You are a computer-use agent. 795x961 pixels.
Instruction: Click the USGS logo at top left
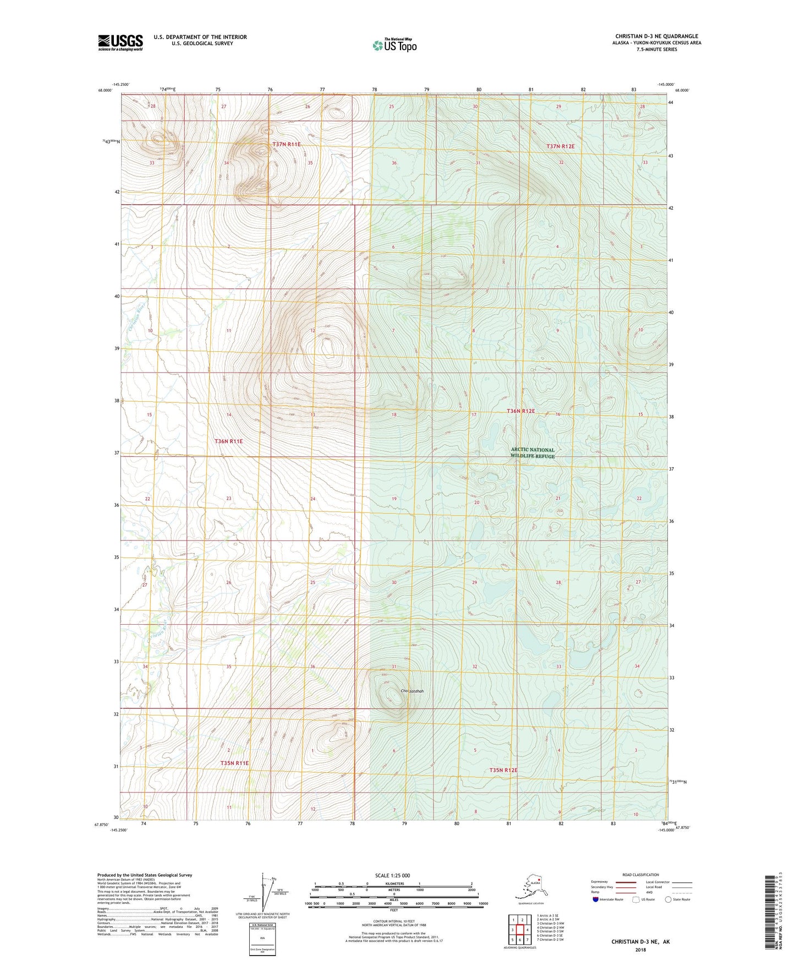tap(120, 42)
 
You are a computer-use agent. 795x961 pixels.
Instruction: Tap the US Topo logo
tap(394, 45)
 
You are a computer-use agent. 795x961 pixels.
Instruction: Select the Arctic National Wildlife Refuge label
tap(533, 453)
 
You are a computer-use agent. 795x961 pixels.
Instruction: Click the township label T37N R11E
tap(287, 144)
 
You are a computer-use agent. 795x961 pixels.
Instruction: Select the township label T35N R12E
tap(503, 770)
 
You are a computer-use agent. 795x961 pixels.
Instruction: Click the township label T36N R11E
tap(228, 441)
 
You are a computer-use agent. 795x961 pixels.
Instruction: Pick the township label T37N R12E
tap(560, 146)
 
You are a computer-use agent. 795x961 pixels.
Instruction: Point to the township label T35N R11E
tap(234, 763)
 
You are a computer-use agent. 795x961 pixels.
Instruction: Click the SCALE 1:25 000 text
tap(393, 875)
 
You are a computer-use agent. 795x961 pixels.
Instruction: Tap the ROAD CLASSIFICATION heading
tap(640, 875)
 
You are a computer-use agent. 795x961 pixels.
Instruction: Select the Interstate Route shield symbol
tap(596, 899)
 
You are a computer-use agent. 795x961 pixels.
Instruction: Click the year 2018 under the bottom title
tap(640, 949)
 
